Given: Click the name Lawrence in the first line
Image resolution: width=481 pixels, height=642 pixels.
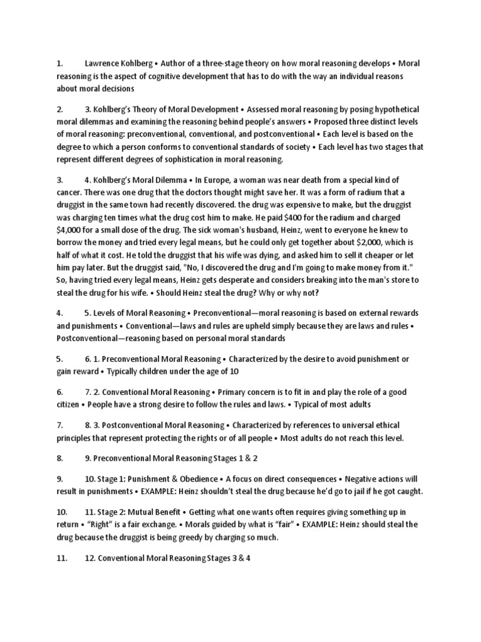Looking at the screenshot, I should point(103,63).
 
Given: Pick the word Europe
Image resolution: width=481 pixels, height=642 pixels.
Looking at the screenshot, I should point(211,180).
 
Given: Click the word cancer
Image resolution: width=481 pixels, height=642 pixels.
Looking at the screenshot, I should point(70,192).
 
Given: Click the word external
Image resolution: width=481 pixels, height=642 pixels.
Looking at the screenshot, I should point(333,313).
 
